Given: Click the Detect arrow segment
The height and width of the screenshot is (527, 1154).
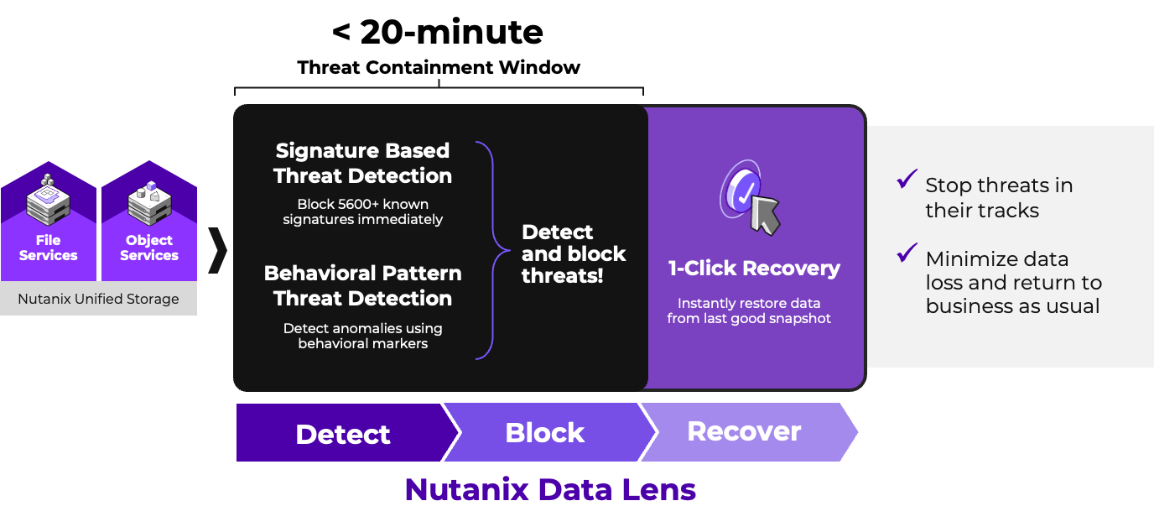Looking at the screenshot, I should [x=342, y=433].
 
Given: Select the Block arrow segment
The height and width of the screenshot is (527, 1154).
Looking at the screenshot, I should [x=544, y=432].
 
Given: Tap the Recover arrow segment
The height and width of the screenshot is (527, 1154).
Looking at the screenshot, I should [x=744, y=431].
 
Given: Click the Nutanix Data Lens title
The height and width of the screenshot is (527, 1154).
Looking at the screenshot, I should [x=550, y=488].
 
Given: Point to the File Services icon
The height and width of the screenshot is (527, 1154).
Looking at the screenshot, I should [x=47, y=198].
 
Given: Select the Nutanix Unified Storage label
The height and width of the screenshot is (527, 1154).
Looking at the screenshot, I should [x=98, y=299].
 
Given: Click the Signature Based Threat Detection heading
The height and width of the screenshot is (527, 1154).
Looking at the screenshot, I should [x=362, y=163].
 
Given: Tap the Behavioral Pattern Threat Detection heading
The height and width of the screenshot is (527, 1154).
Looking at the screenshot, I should [x=362, y=285].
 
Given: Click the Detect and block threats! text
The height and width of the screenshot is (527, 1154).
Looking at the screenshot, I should [x=574, y=253].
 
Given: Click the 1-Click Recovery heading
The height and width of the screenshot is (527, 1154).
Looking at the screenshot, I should [x=754, y=269].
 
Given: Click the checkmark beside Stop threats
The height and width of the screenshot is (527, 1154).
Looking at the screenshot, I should [x=907, y=179].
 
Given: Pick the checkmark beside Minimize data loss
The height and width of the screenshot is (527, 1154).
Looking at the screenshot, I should [x=907, y=253].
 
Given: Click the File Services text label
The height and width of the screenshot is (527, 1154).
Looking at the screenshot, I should [x=48, y=248].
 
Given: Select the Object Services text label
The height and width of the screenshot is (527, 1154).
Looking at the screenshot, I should [x=149, y=248].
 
